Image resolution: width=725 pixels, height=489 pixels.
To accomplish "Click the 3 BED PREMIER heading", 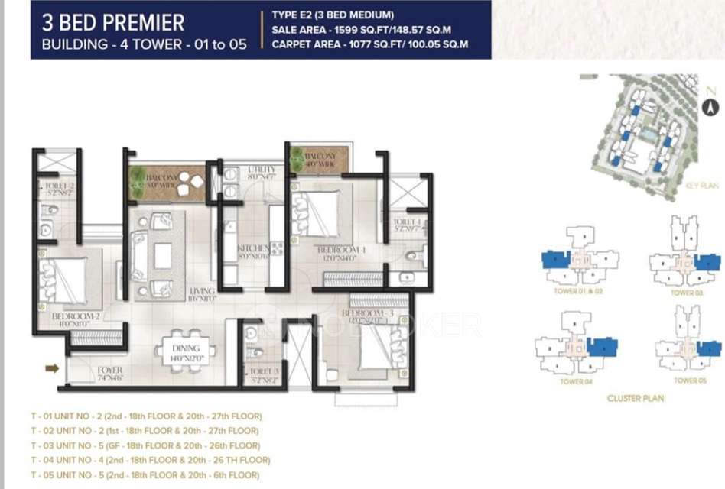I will tap(113, 21).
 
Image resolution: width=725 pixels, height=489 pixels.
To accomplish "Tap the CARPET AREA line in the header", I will tap(369, 44).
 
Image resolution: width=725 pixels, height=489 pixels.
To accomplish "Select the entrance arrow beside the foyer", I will tap(52, 369).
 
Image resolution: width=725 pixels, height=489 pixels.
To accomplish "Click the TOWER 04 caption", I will tap(576, 381).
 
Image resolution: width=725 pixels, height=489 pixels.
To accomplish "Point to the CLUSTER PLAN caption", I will tap(635, 398).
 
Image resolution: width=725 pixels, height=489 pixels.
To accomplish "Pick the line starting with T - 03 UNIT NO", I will tap(145, 445).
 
